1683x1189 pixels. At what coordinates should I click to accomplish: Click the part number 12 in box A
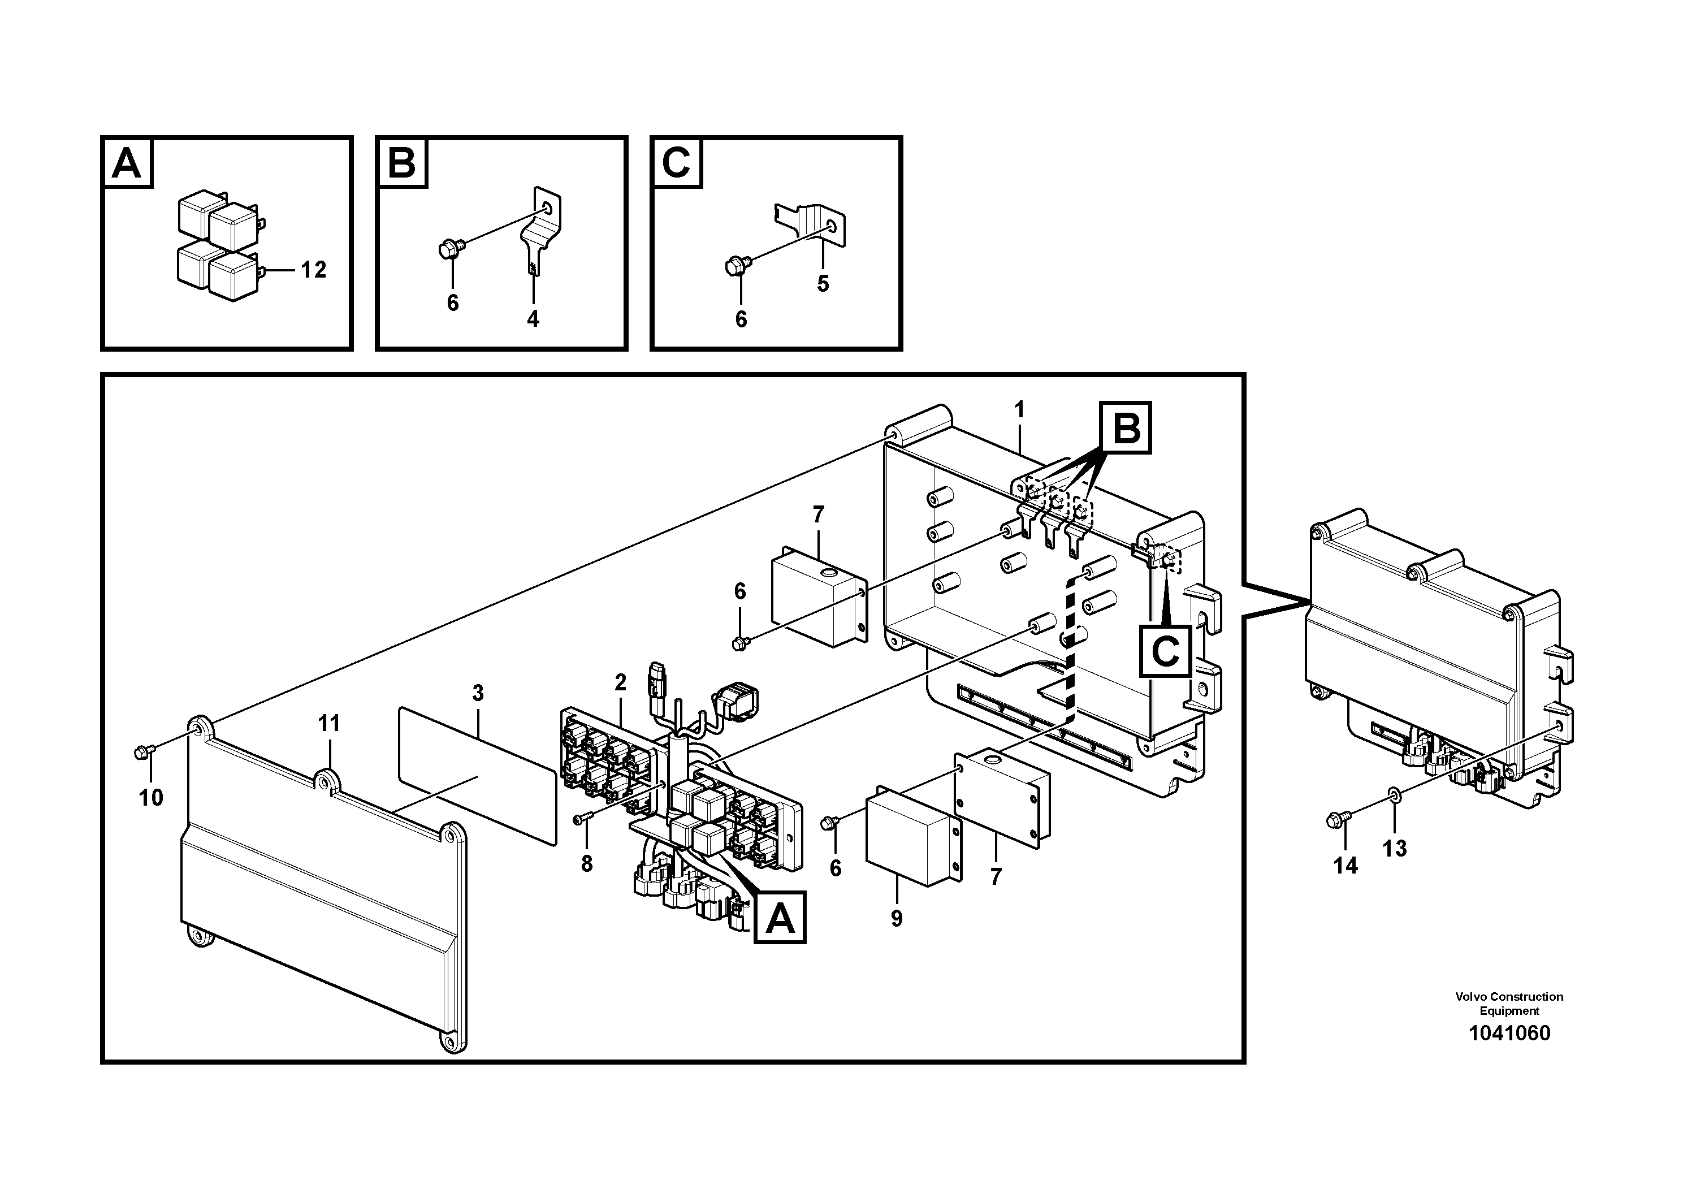pyautogui.click(x=313, y=270)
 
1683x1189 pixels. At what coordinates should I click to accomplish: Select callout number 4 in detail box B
pyautogui.click(x=533, y=319)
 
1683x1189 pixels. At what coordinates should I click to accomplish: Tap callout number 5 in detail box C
pyautogui.click(x=823, y=284)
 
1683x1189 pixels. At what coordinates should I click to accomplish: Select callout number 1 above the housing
pyautogui.click(x=1019, y=410)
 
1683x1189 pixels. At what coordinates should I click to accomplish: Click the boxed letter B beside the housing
pyautogui.click(x=1125, y=427)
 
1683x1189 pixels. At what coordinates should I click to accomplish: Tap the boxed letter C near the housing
pyautogui.click(x=1165, y=650)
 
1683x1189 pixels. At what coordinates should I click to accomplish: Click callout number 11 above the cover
pyautogui.click(x=329, y=724)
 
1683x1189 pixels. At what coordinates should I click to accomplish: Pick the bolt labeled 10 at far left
pyautogui.click(x=143, y=751)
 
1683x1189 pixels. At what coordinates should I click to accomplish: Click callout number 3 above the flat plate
pyautogui.click(x=478, y=693)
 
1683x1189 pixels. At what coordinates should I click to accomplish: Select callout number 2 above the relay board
pyautogui.click(x=621, y=682)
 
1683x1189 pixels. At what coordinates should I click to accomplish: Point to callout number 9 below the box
pyautogui.click(x=897, y=919)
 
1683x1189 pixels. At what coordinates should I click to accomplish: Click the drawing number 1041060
pyautogui.click(x=1509, y=1034)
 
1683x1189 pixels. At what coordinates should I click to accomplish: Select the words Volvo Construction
pyautogui.click(x=1509, y=997)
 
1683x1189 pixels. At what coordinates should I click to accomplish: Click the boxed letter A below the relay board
pyautogui.click(x=779, y=917)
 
